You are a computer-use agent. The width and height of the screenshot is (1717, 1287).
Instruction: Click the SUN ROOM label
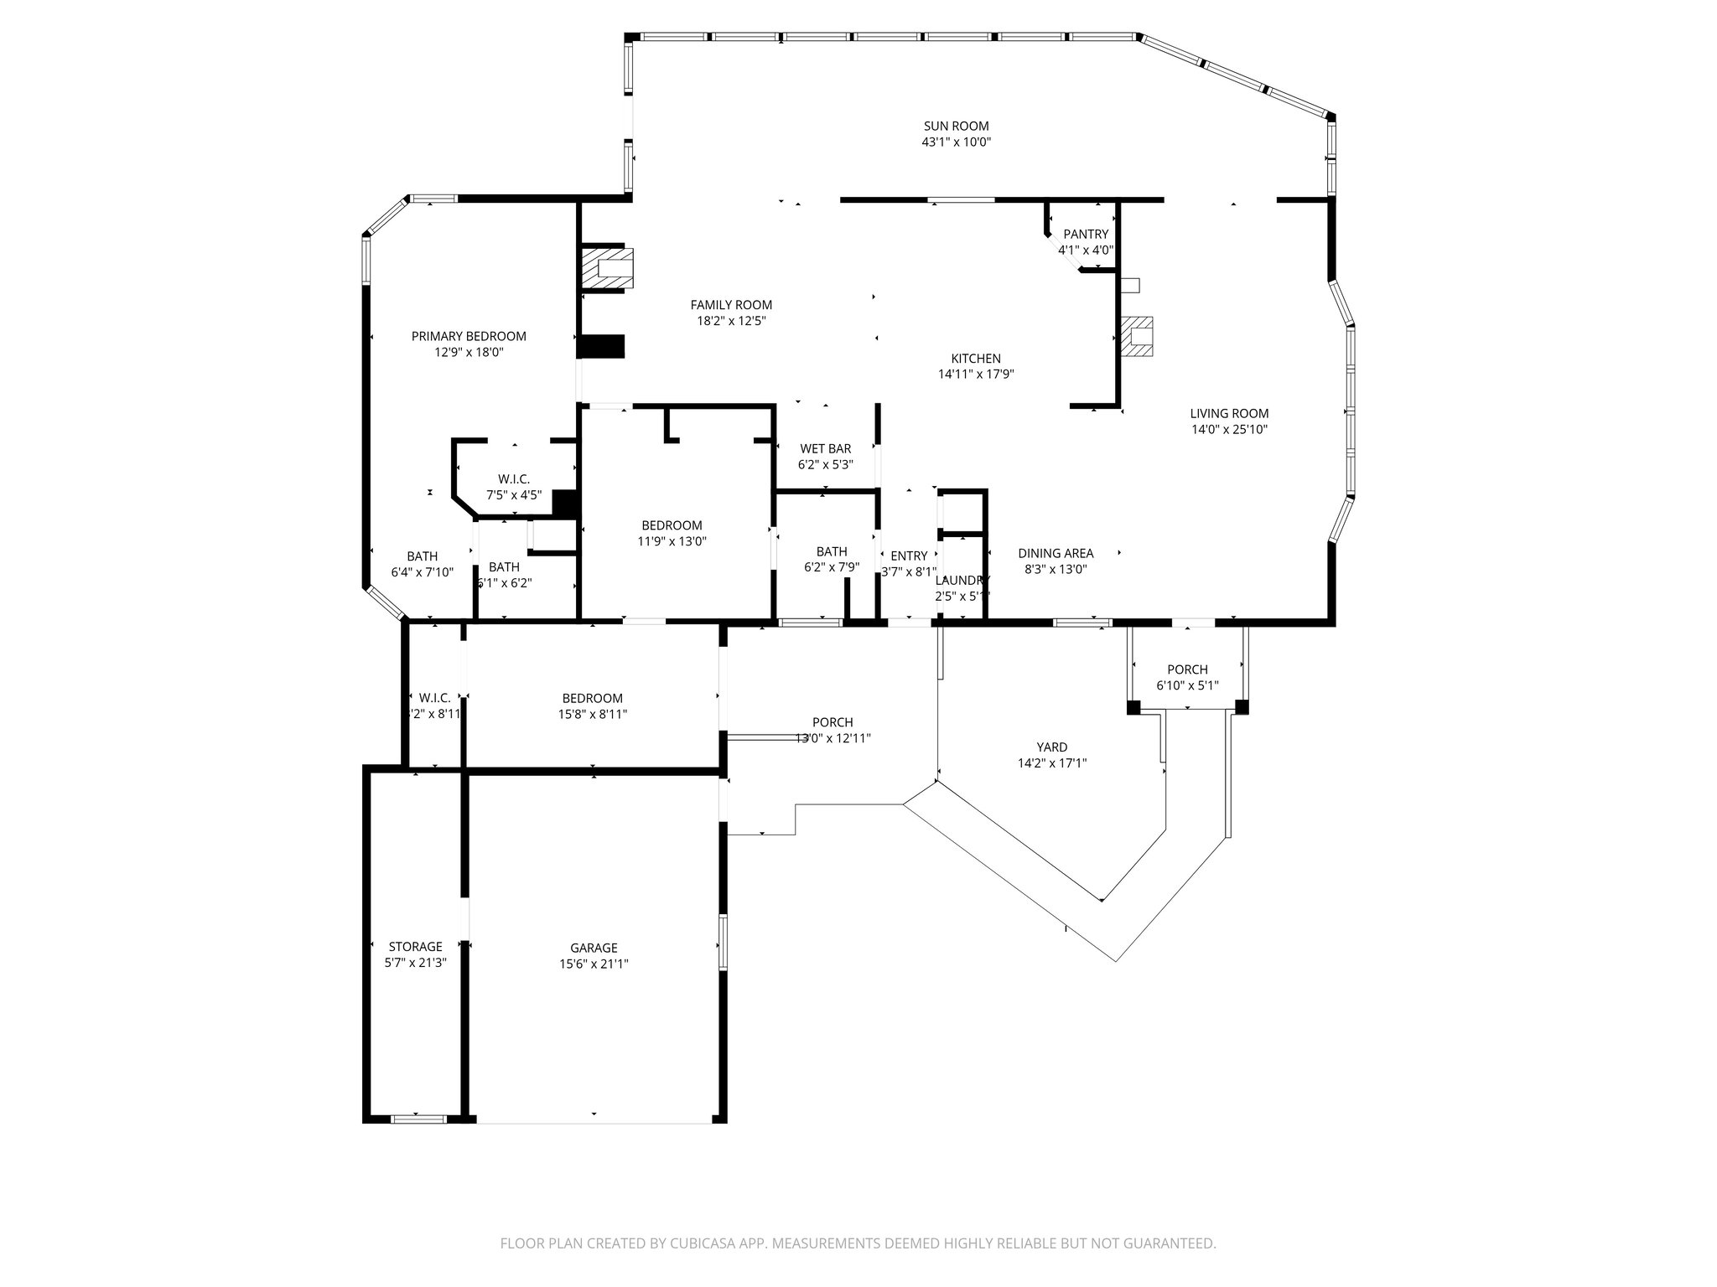coord(956,127)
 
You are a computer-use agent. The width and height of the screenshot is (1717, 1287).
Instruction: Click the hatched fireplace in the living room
coord(1136,337)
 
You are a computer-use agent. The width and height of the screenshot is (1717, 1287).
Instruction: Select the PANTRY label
coord(1086,235)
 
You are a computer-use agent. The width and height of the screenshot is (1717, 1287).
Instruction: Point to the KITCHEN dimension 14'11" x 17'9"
coord(976,375)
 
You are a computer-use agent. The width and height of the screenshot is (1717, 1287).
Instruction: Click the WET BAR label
coord(825,449)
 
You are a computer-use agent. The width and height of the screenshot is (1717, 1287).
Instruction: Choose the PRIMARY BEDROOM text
coord(469,336)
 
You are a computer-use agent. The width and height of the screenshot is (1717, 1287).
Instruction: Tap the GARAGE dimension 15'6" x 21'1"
coord(594,964)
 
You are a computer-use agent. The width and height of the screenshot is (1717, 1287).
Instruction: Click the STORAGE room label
coord(415,947)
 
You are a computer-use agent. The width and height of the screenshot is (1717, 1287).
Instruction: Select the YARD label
coord(1051,747)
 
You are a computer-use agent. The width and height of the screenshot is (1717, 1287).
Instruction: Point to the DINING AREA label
coord(1056,553)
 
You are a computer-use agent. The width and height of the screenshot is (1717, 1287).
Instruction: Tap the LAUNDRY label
coord(962,580)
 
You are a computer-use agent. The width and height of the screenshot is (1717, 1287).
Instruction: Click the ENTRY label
coord(909,556)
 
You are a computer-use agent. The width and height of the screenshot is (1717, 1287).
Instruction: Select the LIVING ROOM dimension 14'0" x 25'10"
coord(1229,430)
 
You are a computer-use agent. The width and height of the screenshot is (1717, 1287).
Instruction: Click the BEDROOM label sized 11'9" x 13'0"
coord(672,525)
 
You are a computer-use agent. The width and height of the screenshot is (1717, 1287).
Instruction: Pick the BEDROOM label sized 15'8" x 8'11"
coord(592,698)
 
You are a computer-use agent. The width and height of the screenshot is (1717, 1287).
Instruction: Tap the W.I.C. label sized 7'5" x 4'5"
coord(514,479)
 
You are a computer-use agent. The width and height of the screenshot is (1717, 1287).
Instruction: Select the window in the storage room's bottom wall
coord(419,1118)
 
